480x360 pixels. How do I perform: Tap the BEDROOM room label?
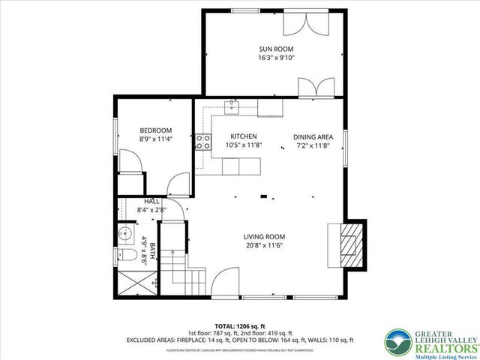(155, 130)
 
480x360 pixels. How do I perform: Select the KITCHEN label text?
(243, 136)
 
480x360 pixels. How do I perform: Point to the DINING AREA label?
(313, 136)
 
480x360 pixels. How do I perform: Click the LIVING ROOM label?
(263, 236)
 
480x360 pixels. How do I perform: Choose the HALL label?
(151, 201)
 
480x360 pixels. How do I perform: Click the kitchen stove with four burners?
(202, 142)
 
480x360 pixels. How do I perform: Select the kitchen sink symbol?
(232, 108)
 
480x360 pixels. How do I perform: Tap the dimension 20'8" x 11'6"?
(263, 245)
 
